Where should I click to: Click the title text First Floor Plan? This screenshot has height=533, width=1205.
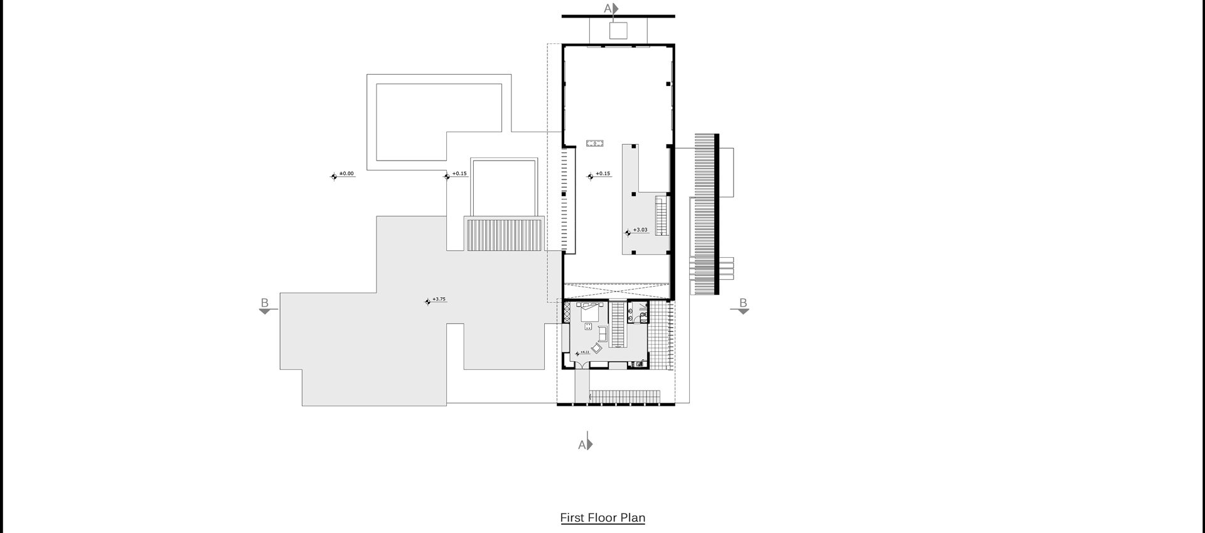(x=602, y=517)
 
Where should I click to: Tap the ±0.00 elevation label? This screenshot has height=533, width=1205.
(x=346, y=173)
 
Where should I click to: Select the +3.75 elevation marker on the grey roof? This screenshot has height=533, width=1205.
(x=439, y=299)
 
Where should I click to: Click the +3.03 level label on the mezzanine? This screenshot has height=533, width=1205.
(x=640, y=230)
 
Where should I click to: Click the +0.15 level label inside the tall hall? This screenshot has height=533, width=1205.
(x=602, y=174)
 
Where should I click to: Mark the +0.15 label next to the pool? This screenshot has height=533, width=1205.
(x=459, y=174)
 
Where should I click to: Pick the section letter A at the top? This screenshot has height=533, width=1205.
(x=608, y=8)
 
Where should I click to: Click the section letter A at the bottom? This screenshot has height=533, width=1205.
(x=582, y=445)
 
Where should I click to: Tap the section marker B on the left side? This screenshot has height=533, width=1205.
(x=265, y=303)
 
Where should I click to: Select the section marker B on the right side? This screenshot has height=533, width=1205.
(x=743, y=303)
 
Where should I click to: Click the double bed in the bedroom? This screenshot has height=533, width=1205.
(x=590, y=312)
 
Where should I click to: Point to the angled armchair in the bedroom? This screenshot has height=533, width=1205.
(x=597, y=347)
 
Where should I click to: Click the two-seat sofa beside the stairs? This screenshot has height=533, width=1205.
(x=602, y=334)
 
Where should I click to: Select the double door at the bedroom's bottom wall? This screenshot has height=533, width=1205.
(x=582, y=364)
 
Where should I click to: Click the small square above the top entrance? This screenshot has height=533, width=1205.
(x=618, y=30)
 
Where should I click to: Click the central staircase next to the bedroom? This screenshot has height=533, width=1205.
(x=618, y=324)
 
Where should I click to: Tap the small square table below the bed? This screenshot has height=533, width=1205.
(x=588, y=326)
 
